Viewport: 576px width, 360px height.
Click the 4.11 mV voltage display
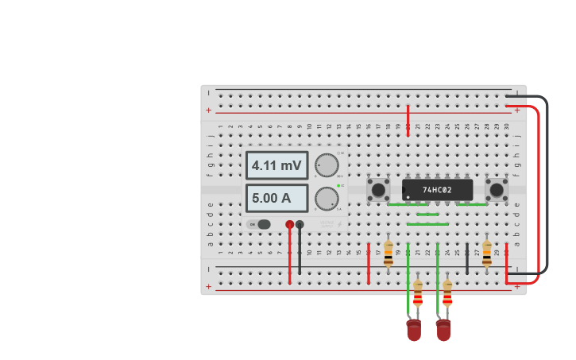[x=276, y=165]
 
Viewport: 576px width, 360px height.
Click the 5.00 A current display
[x=276, y=198]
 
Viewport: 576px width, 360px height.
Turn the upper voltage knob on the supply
[x=326, y=165]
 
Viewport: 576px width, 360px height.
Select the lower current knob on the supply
[x=326, y=198]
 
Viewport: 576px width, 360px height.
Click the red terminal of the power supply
[x=290, y=225]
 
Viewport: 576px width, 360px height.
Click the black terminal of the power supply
[x=300, y=225]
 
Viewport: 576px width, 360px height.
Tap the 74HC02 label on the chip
[x=437, y=190]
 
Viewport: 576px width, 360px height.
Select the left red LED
[x=414, y=330]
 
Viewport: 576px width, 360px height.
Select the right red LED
[x=443, y=330]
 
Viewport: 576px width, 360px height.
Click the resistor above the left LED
[x=418, y=294]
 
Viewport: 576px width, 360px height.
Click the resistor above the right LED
[x=447, y=294]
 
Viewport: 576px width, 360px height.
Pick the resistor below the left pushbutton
[x=389, y=254]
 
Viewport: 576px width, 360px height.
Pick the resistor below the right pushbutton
[x=487, y=254]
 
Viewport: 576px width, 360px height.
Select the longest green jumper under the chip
[x=427, y=224]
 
